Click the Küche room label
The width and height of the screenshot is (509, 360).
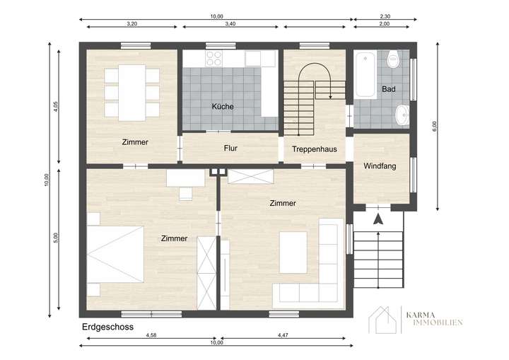click(223, 107)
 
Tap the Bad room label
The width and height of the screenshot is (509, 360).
click(388, 90)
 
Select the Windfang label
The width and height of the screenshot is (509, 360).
click(380, 166)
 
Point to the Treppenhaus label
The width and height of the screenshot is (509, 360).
click(314, 149)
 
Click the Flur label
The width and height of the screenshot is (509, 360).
click(230, 149)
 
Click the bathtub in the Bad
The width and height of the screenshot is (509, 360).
click(365, 74)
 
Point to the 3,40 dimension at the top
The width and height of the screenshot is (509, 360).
click(230, 23)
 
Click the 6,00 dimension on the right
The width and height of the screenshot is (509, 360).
click(435, 125)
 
